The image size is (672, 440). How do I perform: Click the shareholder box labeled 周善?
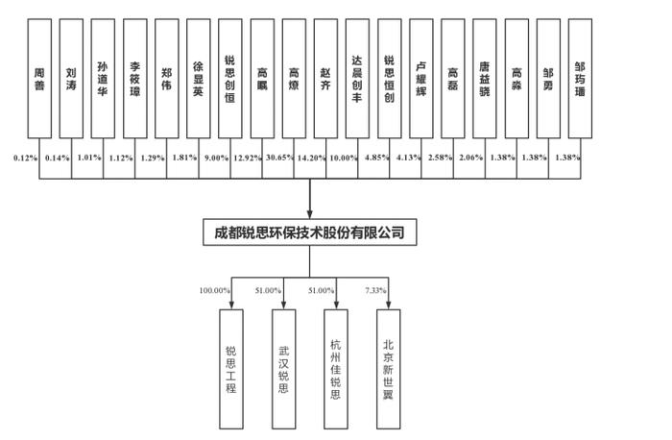[39, 79]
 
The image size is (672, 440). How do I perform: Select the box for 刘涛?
[71, 79]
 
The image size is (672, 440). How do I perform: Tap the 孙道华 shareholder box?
[103, 79]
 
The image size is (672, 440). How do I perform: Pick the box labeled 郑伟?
[167, 79]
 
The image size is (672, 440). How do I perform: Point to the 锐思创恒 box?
[230, 79]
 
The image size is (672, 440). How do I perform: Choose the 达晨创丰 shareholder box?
[357, 79]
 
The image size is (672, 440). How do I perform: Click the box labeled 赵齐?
[325, 79]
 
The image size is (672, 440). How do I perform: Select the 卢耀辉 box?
[421, 79]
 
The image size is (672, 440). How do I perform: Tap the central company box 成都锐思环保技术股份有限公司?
[310, 232]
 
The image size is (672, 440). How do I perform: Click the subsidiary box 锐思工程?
[231, 369]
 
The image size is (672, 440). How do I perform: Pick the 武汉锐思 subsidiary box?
[284, 369]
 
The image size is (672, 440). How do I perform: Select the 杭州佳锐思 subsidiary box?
[336, 369]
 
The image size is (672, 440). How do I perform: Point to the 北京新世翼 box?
[389, 369]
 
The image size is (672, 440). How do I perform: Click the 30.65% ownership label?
[280, 158]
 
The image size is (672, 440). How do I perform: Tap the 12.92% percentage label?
[248, 158]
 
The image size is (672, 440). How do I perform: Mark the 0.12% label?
[25, 158]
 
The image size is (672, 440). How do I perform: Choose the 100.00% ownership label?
[214, 290]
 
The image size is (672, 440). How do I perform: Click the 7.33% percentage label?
[375, 290]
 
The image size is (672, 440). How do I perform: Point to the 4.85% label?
[377, 158]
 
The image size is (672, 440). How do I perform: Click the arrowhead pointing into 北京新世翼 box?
[388, 305]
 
